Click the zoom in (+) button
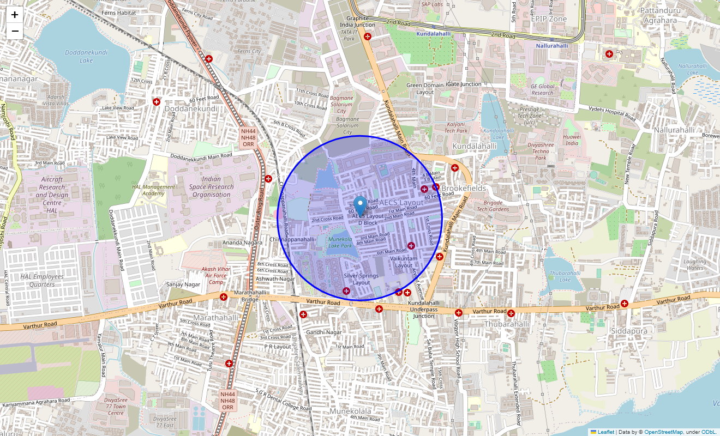[x=15, y=15]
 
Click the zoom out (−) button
[x=15, y=31]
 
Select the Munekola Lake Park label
[x=340, y=243]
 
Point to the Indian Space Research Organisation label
[x=212, y=187]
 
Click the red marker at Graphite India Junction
[x=368, y=37]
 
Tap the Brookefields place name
[x=463, y=188]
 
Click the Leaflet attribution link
[x=605, y=432]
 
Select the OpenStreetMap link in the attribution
[x=663, y=432]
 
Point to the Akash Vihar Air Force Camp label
[x=215, y=275]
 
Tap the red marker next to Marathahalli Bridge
[x=224, y=296]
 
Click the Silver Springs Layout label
[x=361, y=279]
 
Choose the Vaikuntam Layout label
[x=404, y=262]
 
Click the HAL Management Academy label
[x=153, y=190]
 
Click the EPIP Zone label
[x=549, y=19]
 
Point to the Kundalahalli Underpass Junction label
[x=424, y=309]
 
